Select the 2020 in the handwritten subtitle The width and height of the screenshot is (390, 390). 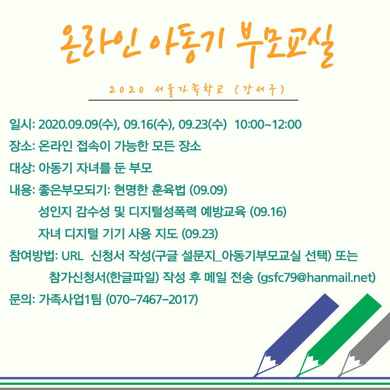coord(126,90)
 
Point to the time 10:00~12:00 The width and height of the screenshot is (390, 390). coord(268,124)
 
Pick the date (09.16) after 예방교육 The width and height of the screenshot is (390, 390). coord(268,212)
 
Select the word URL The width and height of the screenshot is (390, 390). coord(72,256)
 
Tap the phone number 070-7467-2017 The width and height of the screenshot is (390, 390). coord(152,299)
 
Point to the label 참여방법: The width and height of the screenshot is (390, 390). coord(34,256)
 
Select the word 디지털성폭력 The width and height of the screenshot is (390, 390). coord(162,212)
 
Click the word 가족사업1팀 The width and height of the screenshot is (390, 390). coord(70,299)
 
